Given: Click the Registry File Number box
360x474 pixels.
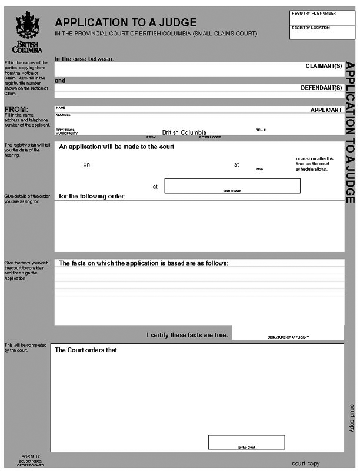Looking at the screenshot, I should click(322, 16).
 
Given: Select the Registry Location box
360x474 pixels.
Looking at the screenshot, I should click(322, 32).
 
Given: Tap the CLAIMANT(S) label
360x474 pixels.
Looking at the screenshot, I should click(324, 66).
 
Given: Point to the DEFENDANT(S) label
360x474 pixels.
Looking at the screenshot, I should click(321, 88).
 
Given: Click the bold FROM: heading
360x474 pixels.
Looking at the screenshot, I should click(16, 109).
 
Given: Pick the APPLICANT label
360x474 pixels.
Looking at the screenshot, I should click(326, 110).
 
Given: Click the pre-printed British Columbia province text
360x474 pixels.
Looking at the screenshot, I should click(184, 132).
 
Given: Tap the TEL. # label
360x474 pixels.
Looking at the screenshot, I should click(261, 130).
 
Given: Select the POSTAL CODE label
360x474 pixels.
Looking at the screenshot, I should click(210, 137).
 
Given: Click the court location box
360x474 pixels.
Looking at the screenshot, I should click(232, 185).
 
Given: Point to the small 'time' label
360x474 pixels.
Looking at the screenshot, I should click(259, 169).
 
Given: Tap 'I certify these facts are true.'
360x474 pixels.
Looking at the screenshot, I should click(187, 335).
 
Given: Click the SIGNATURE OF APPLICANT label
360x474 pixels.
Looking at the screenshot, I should click(288, 337).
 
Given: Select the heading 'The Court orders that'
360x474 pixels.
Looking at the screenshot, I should click(86, 350).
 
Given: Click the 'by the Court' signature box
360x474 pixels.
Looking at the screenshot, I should click(246, 442).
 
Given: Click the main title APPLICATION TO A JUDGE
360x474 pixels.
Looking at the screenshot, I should click(126, 22).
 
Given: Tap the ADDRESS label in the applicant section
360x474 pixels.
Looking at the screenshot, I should click(64, 115).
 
